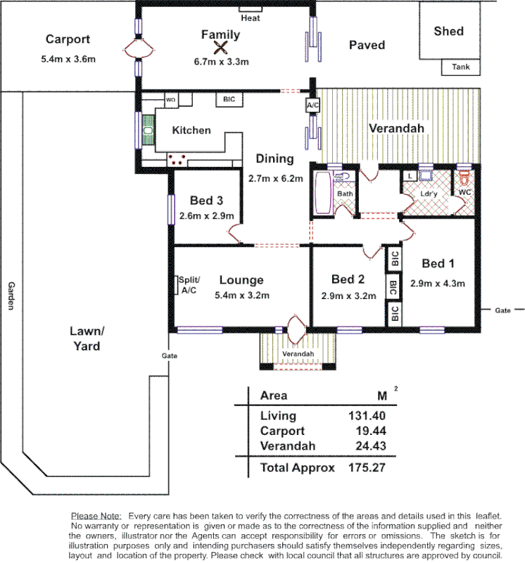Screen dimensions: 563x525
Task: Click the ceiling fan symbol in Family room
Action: (x=221, y=48)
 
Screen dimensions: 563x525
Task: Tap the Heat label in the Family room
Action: (x=250, y=18)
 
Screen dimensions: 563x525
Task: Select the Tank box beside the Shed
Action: (x=461, y=68)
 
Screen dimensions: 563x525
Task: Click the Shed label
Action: (x=448, y=31)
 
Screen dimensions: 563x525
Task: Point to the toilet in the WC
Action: (x=463, y=177)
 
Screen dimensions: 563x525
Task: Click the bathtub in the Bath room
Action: (x=324, y=193)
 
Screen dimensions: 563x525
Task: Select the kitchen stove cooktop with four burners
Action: (x=177, y=160)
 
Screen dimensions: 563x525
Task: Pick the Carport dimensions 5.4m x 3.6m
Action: (x=68, y=59)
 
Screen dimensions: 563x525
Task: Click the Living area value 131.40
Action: (x=364, y=416)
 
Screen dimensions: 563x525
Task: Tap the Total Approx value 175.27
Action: (x=364, y=467)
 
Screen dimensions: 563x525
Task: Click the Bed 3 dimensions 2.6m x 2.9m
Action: (x=206, y=216)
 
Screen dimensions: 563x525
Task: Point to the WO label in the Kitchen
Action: (x=170, y=100)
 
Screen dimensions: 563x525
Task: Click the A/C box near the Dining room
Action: (x=312, y=105)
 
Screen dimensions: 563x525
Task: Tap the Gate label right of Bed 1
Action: (x=502, y=310)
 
